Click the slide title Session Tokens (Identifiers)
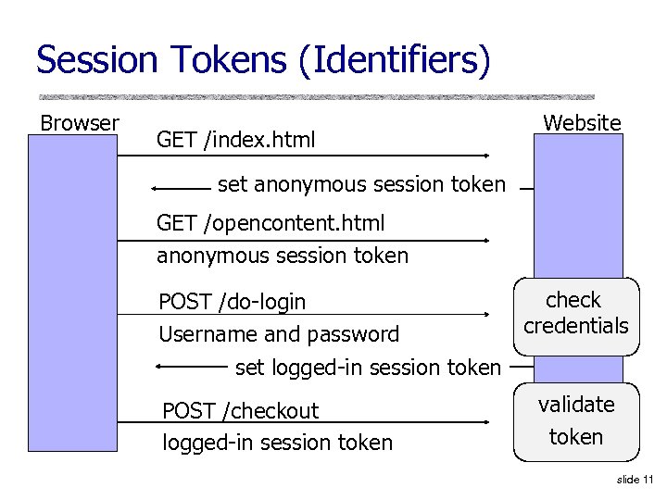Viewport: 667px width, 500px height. point(262,61)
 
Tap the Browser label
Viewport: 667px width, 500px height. point(79,123)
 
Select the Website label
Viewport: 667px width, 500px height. point(582,122)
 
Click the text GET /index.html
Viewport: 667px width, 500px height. point(236,140)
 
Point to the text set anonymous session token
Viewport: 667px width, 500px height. point(361,184)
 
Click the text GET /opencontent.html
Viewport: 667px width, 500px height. point(271,223)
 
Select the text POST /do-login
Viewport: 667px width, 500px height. point(233,302)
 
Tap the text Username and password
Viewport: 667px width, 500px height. point(279,334)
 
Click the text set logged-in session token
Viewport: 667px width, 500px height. point(368,368)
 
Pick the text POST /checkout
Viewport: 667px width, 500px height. point(241,410)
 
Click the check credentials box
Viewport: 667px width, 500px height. point(576,315)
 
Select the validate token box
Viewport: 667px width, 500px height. point(576,421)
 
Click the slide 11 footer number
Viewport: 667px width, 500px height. point(634,479)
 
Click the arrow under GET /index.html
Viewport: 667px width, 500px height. point(303,156)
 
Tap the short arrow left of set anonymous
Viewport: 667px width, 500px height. point(182,188)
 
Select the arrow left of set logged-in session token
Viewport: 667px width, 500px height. point(192,368)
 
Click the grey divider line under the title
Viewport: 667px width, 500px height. point(316,96)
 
